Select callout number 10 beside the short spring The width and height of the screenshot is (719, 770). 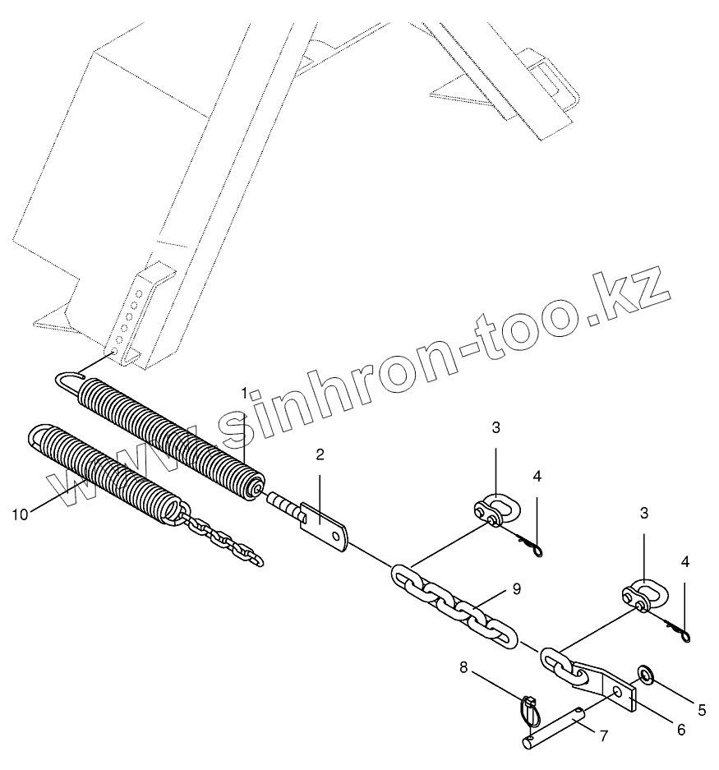(21, 514)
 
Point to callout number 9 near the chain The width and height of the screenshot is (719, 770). (515, 588)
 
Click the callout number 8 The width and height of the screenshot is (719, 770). (463, 669)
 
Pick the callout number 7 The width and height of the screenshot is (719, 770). (604, 735)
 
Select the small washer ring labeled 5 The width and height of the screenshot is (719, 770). (645, 676)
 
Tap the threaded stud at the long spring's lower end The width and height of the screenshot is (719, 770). (283, 504)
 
